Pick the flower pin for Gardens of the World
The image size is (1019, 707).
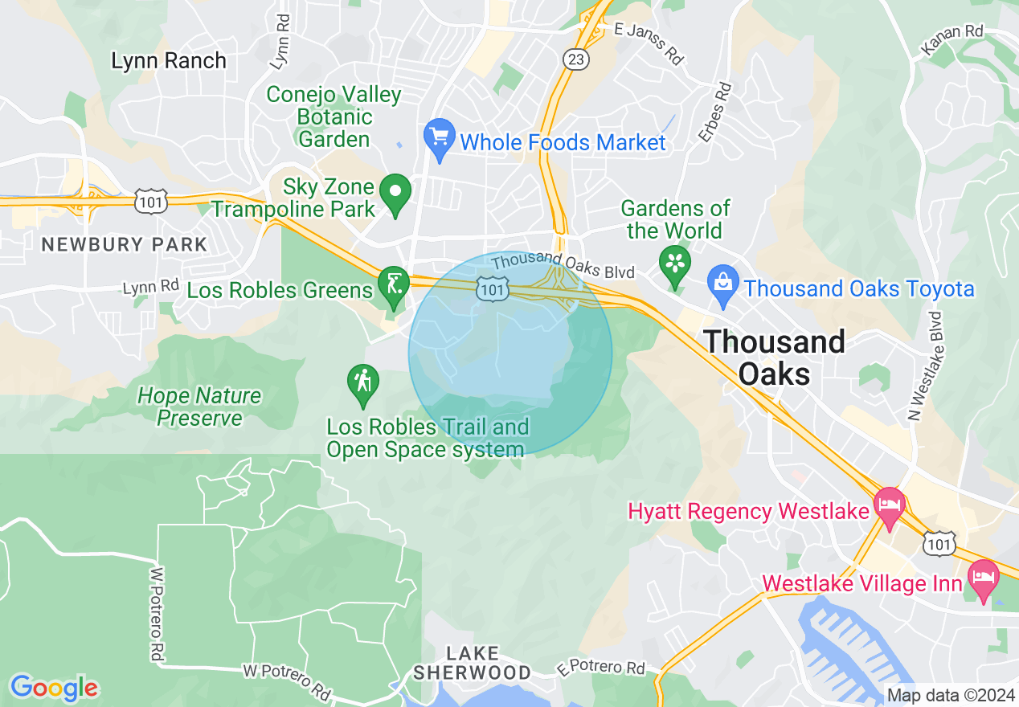pyautogui.click(x=675, y=264)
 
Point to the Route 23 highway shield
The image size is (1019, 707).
pyautogui.click(x=576, y=59)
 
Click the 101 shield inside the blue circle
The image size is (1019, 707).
pyautogui.click(x=493, y=289)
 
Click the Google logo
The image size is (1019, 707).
pyautogui.click(x=54, y=688)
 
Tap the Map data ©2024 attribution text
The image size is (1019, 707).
pyautogui.click(x=950, y=695)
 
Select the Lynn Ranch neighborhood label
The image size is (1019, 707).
pyautogui.click(x=169, y=61)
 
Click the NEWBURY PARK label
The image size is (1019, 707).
pyautogui.click(x=125, y=244)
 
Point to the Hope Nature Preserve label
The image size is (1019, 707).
pyautogui.click(x=199, y=407)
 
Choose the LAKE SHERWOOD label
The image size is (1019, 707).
pyautogui.click(x=473, y=664)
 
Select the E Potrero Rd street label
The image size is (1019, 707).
pyautogui.click(x=602, y=668)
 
